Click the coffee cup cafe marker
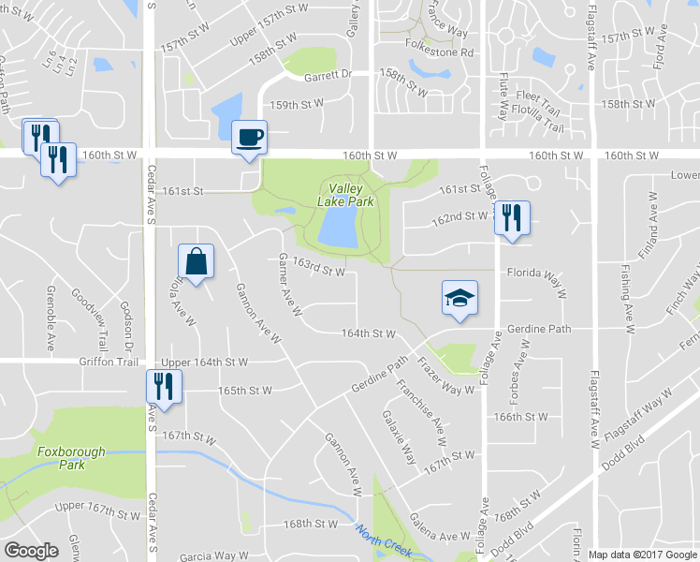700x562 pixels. point(248,137)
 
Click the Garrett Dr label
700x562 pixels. point(332,72)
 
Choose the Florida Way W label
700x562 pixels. point(538,274)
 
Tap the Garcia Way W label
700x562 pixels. point(218,555)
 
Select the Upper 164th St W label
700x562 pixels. point(205,362)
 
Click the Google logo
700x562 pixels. point(31,551)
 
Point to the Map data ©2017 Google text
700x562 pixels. point(643,555)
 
